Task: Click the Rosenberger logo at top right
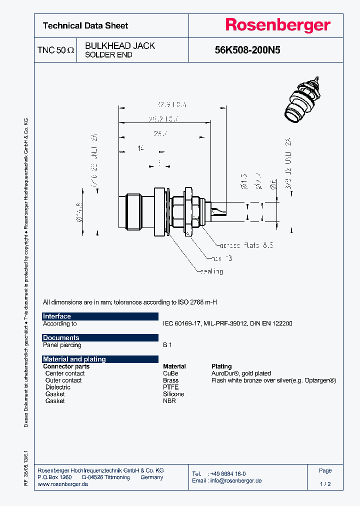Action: tap(277, 25)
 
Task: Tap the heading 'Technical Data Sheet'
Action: tap(85, 25)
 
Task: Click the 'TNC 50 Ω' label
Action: tap(55, 50)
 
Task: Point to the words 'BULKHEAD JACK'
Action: tap(120, 45)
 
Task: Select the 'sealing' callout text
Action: tap(211, 271)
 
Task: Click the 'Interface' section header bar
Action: tap(100, 316)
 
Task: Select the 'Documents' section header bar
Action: tap(100, 338)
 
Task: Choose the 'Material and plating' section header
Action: tap(100, 359)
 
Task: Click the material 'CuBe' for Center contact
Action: tap(170, 373)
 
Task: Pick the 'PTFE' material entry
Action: tap(170, 387)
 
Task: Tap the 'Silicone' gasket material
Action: tap(173, 394)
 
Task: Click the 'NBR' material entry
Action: tap(169, 401)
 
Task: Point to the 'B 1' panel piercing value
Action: tap(167, 345)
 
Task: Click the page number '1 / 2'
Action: tap(325, 484)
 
